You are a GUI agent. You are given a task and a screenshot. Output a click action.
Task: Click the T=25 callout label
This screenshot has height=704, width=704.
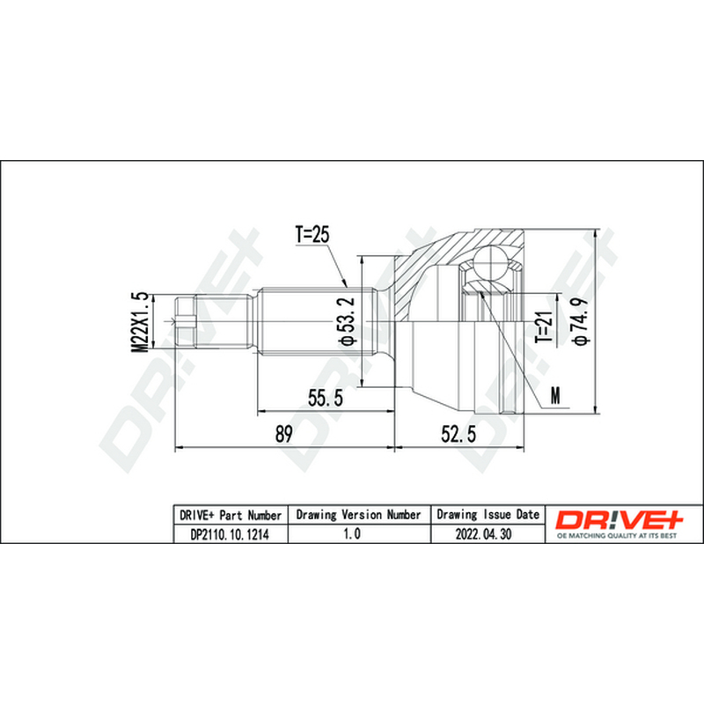(312, 234)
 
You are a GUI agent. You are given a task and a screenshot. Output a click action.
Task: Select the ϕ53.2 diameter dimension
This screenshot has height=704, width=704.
(348, 321)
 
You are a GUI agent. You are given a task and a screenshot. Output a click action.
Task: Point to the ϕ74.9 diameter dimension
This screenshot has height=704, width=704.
(582, 321)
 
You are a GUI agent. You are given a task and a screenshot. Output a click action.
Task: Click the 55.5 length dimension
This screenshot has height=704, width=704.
(326, 398)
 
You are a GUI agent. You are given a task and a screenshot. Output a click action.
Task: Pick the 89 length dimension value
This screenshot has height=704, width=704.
(283, 434)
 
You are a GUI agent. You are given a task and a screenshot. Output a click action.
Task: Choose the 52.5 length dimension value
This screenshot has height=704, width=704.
(458, 434)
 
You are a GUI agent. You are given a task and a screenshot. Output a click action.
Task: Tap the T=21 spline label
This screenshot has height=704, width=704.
(545, 327)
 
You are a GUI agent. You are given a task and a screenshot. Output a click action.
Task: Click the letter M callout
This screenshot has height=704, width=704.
(556, 395)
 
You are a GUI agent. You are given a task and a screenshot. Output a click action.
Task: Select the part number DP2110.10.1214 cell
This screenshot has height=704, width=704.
(231, 534)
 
